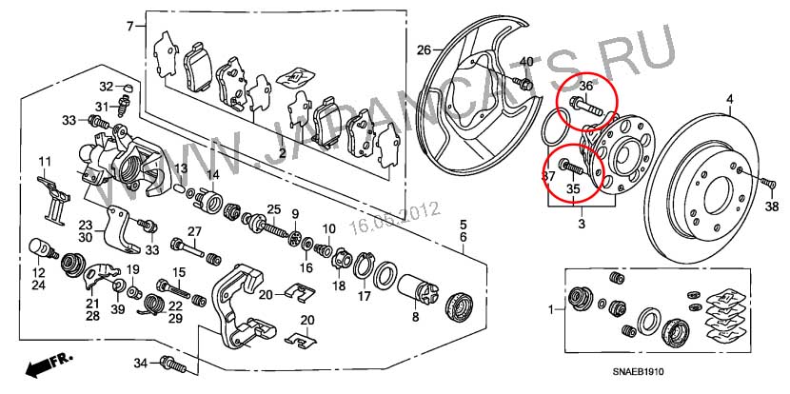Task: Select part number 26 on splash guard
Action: [x=424, y=48]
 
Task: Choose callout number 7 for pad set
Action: [x=130, y=26]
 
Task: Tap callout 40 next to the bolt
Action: [x=525, y=61]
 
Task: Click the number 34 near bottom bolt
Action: [x=141, y=363]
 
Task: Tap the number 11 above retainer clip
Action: [x=45, y=159]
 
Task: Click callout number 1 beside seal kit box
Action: [x=549, y=311]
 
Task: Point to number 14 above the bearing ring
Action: [x=213, y=175]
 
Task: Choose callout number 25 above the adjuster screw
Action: [x=272, y=209]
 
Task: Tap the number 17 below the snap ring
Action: [x=364, y=296]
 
